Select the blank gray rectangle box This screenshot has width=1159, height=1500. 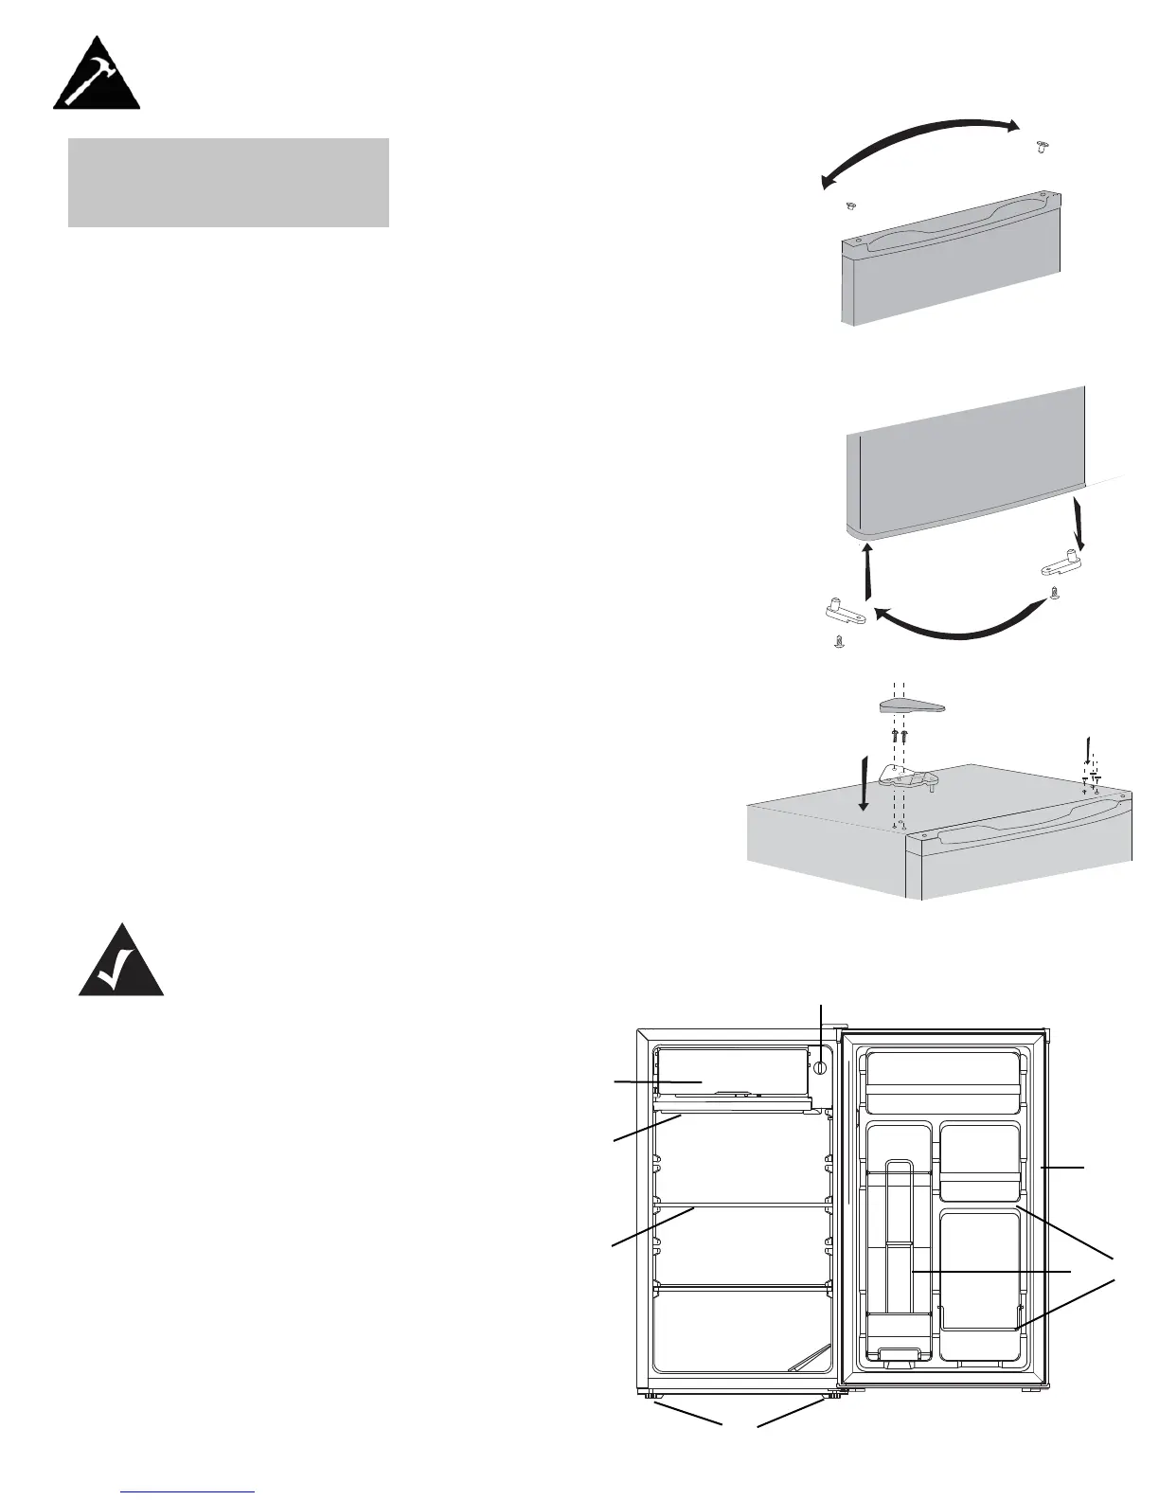[x=228, y=183]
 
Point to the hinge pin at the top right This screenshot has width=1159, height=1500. [x=1043, y=145]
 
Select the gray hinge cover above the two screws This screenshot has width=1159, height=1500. [x=913, y=706]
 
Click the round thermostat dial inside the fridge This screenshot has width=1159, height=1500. [x=820, y=1067]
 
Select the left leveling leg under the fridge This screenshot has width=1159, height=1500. [x=651, y=1394]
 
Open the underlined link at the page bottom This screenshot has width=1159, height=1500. [x=189, y=1492]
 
